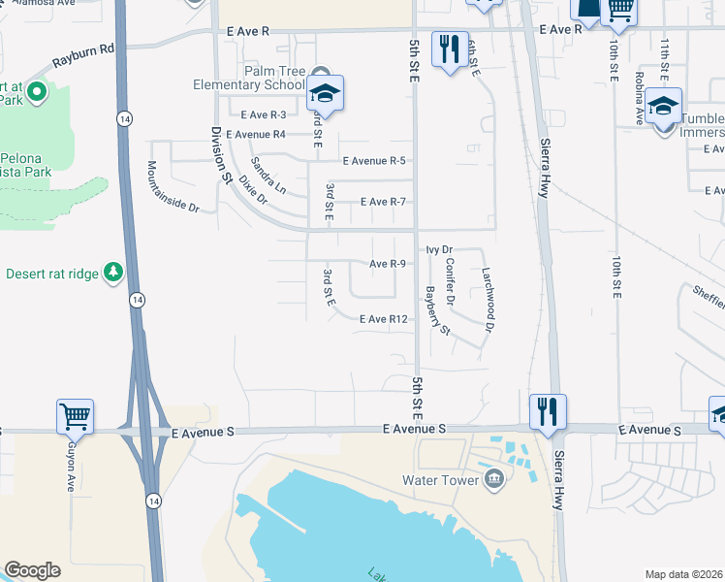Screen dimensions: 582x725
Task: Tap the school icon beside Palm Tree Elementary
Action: (x=327, y=94)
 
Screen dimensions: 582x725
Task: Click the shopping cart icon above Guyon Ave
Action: (x=75, y=416)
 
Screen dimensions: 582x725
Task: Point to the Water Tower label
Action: (x=442, y=480)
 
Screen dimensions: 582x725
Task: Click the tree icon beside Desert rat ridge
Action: (x=114, y=272)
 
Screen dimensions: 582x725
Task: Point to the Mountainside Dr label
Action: (x=173, y=187)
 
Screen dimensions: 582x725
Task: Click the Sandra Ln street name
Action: (x=268, y=174)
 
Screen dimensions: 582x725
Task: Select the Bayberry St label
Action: (x=438, y=310)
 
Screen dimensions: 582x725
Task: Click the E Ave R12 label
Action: (x=383, y=319)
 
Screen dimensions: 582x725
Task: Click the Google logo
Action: (x=32, y=570)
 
